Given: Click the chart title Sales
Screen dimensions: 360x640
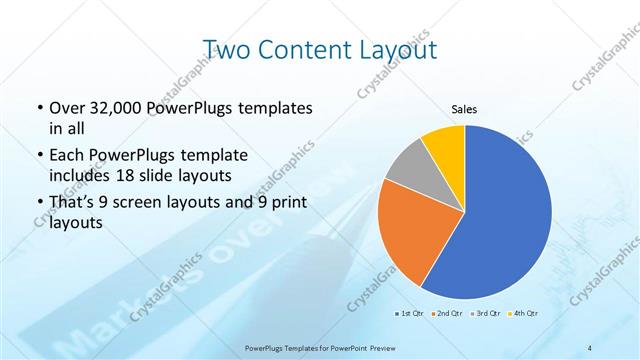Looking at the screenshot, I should (465, 110).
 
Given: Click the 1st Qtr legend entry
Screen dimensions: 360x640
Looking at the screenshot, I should (410, 314).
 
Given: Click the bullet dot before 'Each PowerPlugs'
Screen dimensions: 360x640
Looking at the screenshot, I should (38, 156).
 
